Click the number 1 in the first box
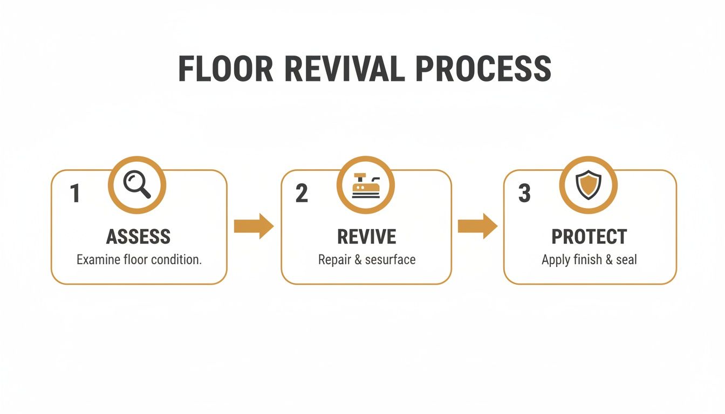tap(75, 194)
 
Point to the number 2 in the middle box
tap(302, 194)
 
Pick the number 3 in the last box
tap(524, 194)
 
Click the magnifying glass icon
tap(137, 185)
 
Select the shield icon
tap(587, 185)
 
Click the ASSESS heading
tap(138, 237)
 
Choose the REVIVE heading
tap(366, 237)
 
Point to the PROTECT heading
tap(589, 237)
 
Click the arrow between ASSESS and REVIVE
tap(254, 226)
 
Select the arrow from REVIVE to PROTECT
tap(477, 226)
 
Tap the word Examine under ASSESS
tap(98, 260)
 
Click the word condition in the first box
tap(175, 260)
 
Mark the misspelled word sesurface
tap(390, 260)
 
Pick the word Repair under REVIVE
tap(334, 260)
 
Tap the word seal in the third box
tap(626, 260)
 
